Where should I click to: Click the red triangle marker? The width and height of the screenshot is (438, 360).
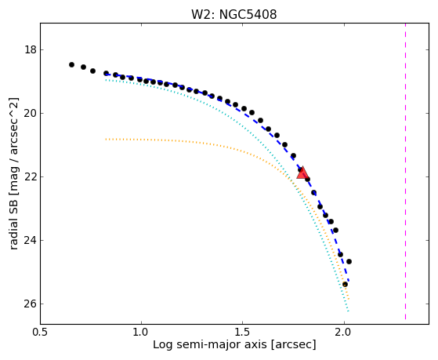[302, 173]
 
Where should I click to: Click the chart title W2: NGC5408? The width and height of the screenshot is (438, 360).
[233, 15]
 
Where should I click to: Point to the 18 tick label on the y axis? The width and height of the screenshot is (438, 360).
[31, 50]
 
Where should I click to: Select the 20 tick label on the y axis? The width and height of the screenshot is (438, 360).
[31, 114]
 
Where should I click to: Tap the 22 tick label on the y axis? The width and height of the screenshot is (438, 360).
[31, 177]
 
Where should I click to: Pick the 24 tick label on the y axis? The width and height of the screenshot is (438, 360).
[31, 241]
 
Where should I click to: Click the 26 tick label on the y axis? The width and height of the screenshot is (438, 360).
[31, 304]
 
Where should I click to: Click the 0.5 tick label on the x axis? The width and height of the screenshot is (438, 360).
[40, 332]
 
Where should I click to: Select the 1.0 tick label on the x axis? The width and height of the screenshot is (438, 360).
[141, 332]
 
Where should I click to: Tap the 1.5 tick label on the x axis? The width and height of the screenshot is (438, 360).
[242, 332]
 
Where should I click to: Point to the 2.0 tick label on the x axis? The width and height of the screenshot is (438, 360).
[344, 332]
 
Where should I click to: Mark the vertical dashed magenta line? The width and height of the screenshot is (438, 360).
[405, 171]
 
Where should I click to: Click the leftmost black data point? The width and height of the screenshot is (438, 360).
[71, 64]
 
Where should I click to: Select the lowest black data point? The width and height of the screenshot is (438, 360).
[345, 285]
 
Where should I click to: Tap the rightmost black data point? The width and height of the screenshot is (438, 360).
[349, 261]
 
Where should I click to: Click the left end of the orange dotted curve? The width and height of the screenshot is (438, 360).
[106, 139]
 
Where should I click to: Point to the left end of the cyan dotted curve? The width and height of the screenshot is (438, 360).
[106, 80]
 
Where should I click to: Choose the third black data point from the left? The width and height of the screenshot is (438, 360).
[92, 71]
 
